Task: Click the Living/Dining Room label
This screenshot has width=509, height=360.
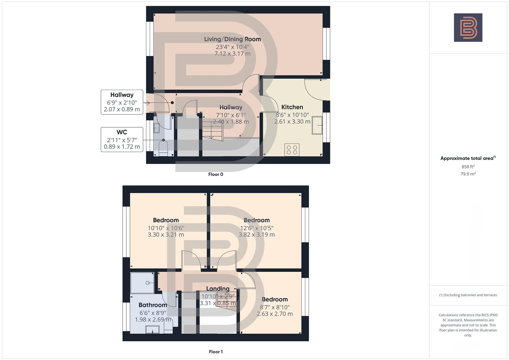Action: (232, 39)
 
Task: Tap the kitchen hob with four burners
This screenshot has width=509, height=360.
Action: (292, 149)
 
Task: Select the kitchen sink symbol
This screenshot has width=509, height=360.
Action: (317, 125)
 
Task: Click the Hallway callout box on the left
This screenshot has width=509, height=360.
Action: (122, 102)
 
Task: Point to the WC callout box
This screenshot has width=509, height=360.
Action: (122, 139)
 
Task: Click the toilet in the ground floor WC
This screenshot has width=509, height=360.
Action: (163, 148)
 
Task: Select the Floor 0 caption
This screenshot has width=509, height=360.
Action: (216, 174)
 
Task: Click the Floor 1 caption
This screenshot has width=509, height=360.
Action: (216, 352)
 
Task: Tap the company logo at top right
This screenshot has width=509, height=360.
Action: (468, 28)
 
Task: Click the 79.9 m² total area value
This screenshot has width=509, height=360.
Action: (468, 174)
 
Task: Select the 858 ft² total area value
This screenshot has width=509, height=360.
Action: (468, 167)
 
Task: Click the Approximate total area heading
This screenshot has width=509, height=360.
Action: (468, 158)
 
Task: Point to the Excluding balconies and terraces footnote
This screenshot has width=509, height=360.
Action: (468, 295)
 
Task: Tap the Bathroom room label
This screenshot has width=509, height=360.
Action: (153, 305)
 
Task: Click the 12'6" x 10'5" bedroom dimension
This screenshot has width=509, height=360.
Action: (256, 228)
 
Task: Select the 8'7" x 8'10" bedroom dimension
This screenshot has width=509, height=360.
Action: (275, 307)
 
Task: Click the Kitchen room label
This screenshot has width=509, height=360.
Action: (292, 107)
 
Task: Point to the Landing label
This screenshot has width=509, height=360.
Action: (218, 289)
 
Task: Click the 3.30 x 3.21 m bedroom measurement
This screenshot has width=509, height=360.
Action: (166, 235)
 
